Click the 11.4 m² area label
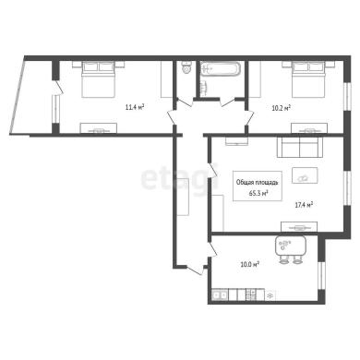pos(135,107)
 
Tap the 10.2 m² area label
pos(282,108)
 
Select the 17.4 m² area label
pos(304,205)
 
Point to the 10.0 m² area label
pos(249,264)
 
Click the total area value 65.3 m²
pos(258,193)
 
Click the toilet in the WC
pos(186,67)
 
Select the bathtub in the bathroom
pos(221,68)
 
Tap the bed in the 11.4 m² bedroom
pos(99,79)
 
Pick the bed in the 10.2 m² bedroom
pos(308,79)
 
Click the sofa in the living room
pos(300,147)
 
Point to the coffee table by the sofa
pos(305,175)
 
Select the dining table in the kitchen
pos(290,246)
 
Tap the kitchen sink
pos(220,295)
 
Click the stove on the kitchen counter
pos(251,294)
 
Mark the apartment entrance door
pos(196,270)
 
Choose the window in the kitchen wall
pos(321,275)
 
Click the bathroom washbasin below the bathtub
pos(203,89)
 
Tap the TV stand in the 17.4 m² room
pos(299,227)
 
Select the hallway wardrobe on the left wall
pos(183,197)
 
